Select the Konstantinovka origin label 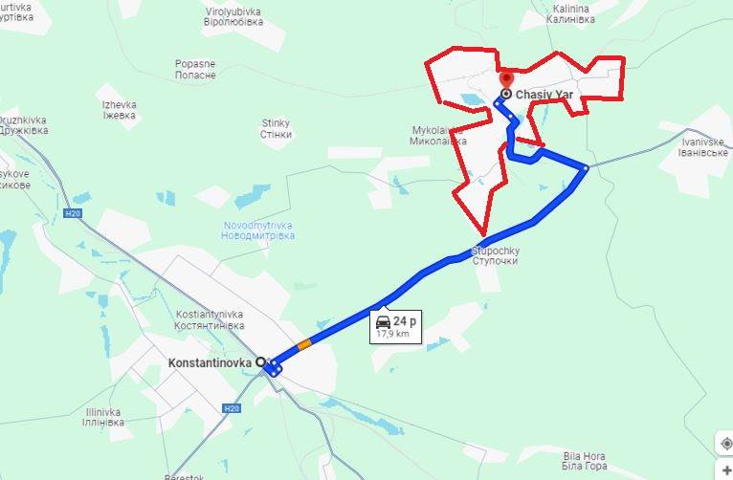click(210, 363)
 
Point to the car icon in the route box click(383, 320)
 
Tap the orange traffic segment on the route click(304, 344)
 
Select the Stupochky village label click(495, 255)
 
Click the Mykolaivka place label click(439, 135)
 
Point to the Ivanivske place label click(705, 147)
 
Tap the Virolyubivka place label click(233, 16)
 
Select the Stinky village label click(276, 128)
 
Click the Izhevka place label click(120, 110)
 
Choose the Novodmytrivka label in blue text click(258, 229)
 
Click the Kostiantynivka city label click(211, 320)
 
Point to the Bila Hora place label click(586, 460)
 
